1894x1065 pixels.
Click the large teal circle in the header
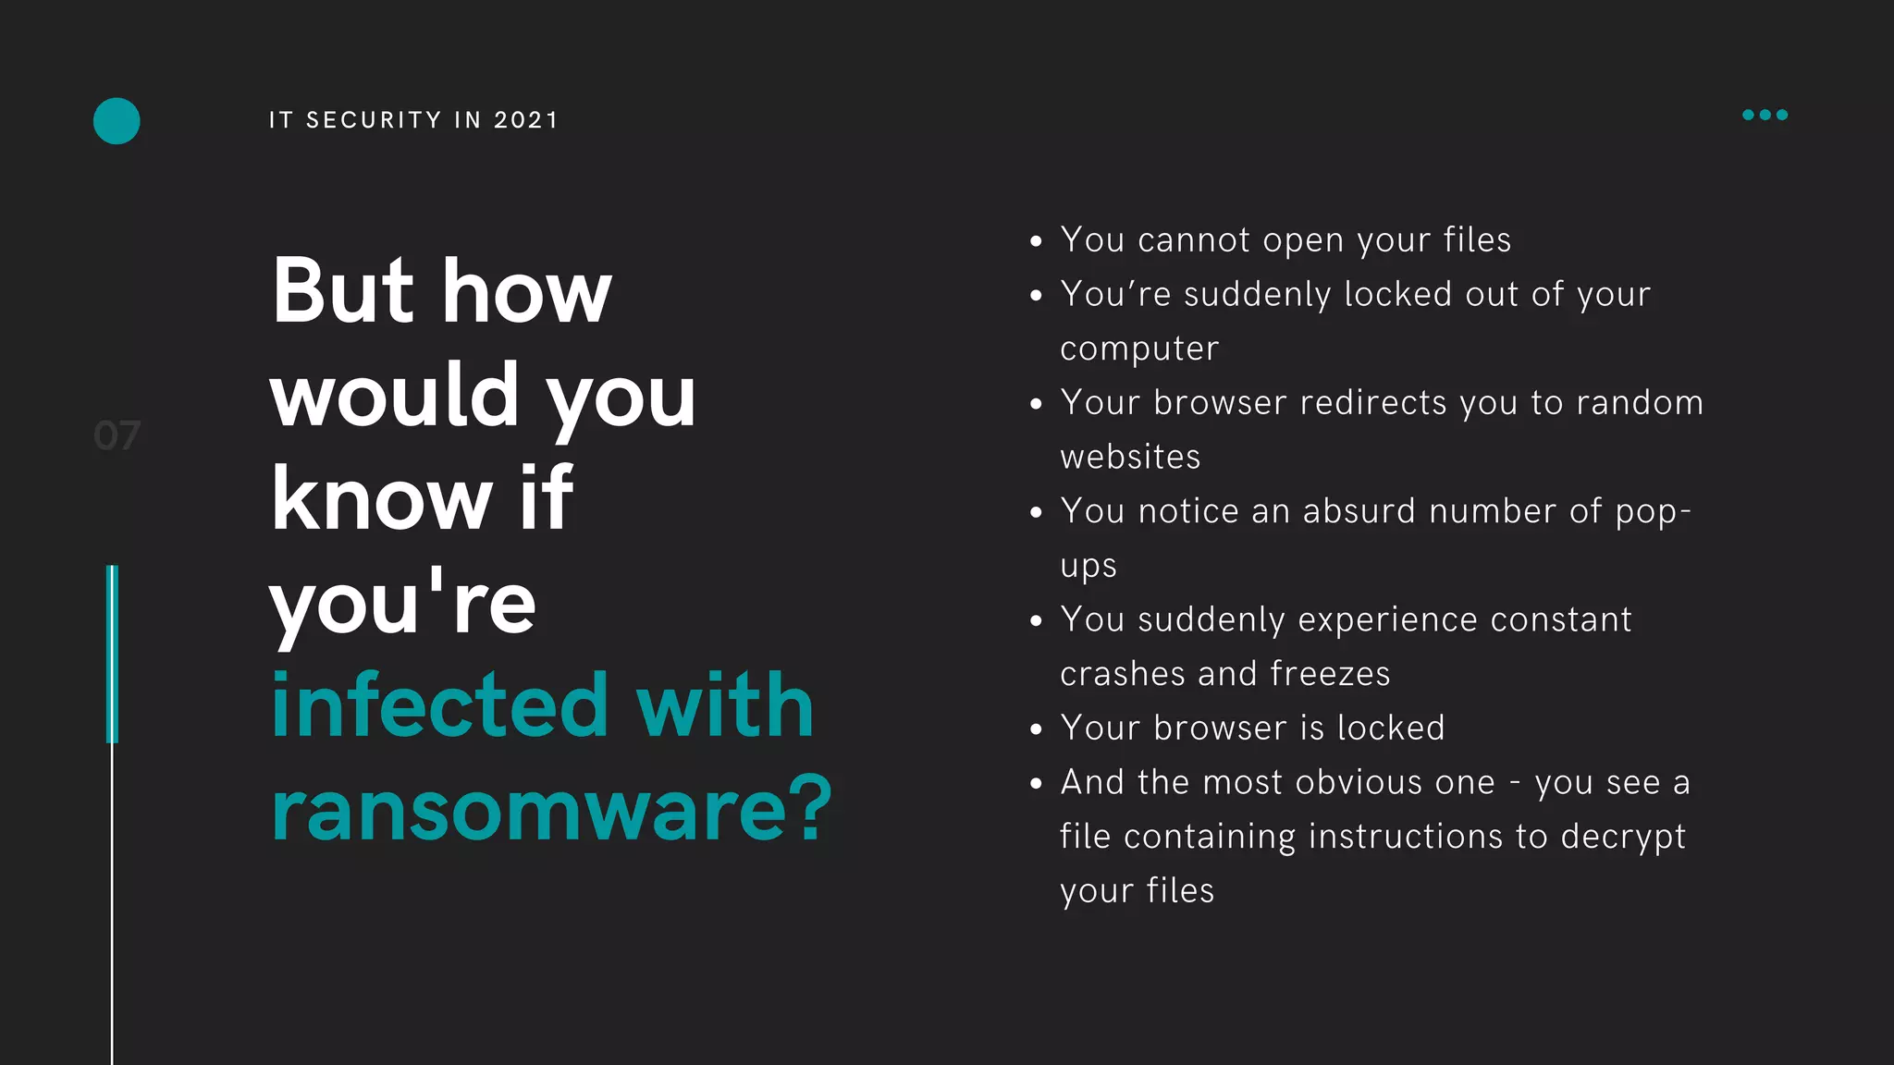click(117, 121)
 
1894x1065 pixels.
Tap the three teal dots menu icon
click(1765, 115)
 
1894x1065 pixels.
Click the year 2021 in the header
click(526, 120)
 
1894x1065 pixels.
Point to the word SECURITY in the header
click(374, 120)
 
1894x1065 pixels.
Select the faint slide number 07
click(117, 435)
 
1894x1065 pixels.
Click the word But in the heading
click(342, 291)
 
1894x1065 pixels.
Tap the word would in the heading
click(394, 395)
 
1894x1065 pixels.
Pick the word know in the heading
click(381, 499)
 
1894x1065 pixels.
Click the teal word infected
click(439, 706)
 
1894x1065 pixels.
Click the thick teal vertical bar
click(112, 654)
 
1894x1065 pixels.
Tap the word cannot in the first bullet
click(1193, 240)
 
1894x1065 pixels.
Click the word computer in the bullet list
click(1139, 349)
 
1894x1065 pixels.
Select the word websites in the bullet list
click(1130, 458)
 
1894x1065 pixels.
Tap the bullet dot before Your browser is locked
click(1036, 729)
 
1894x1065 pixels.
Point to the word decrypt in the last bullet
click(1623, 838)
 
